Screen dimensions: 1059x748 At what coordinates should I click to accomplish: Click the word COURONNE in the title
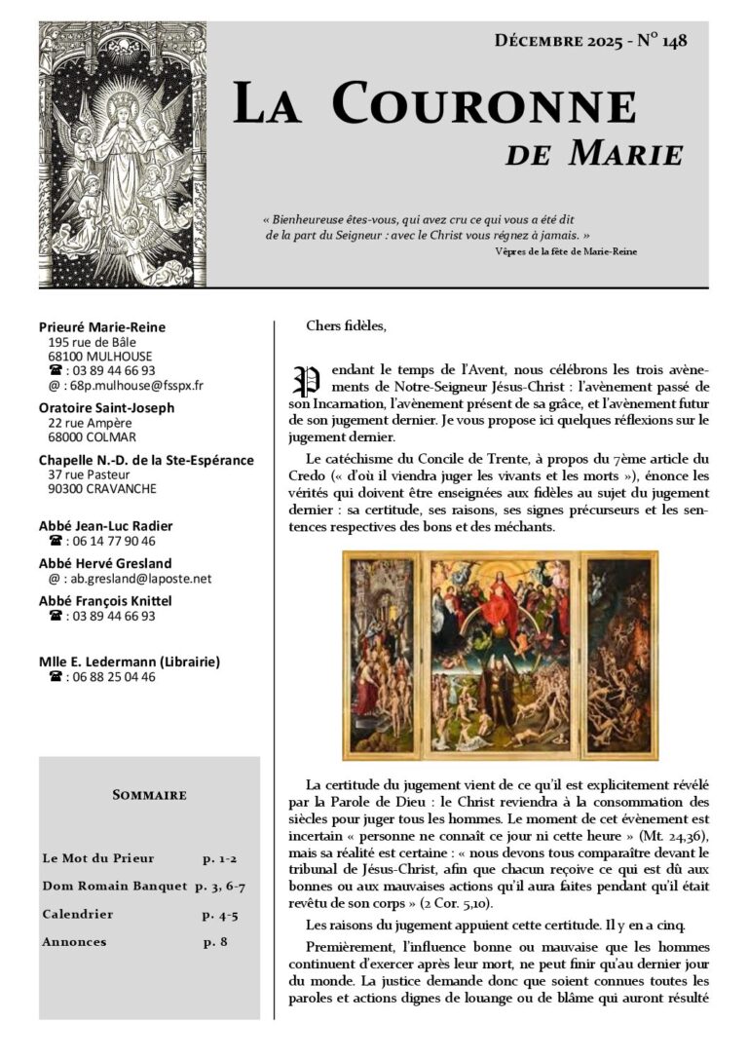pyautogui.click(x=483, y=105)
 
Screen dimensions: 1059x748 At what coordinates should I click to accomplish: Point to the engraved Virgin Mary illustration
pyautogui.click(x=123, y=155)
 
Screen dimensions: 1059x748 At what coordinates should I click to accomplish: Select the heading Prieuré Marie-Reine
pyautogui.click(x=102, y=327)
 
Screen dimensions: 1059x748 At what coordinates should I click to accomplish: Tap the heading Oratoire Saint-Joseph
pyautogui.click(x=107, y=407)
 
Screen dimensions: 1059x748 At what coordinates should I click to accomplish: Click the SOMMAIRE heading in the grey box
pyautogui.click(x=149, y=796)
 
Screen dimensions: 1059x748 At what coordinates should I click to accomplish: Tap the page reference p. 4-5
pyautogui.click(x=219, y=915)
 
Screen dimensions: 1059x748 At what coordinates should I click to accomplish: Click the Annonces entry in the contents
pyautogui.click(x=74, y=942)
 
